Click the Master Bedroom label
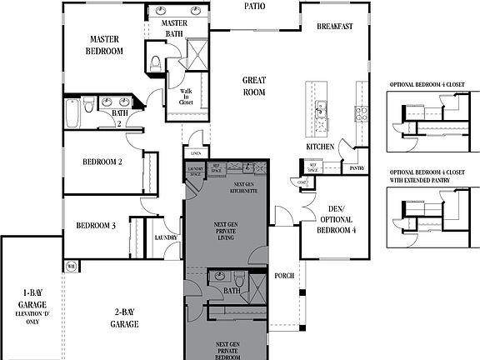coord(105,45)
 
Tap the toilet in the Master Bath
coord(155,62)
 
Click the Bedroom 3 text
coord(96,225)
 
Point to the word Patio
coord(255,6)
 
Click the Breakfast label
coord(335,27)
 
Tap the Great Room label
coord(254,87)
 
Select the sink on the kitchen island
coord(319,106)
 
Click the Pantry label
coord(357,167)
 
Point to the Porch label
coord(285,277)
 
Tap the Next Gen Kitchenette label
coord(244,187)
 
